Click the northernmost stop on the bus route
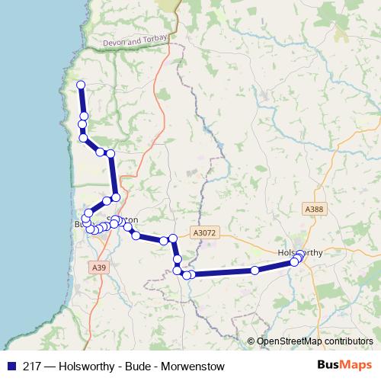pos(80,85)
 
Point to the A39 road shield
pos(99,267)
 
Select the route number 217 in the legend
pos(32,364)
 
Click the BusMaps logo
pos(345,363)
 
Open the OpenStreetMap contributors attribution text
pos(315,341)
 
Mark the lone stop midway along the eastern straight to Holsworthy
pos(255,271)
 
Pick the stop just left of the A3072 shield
pos(173,239)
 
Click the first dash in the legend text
pos(49,364)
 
